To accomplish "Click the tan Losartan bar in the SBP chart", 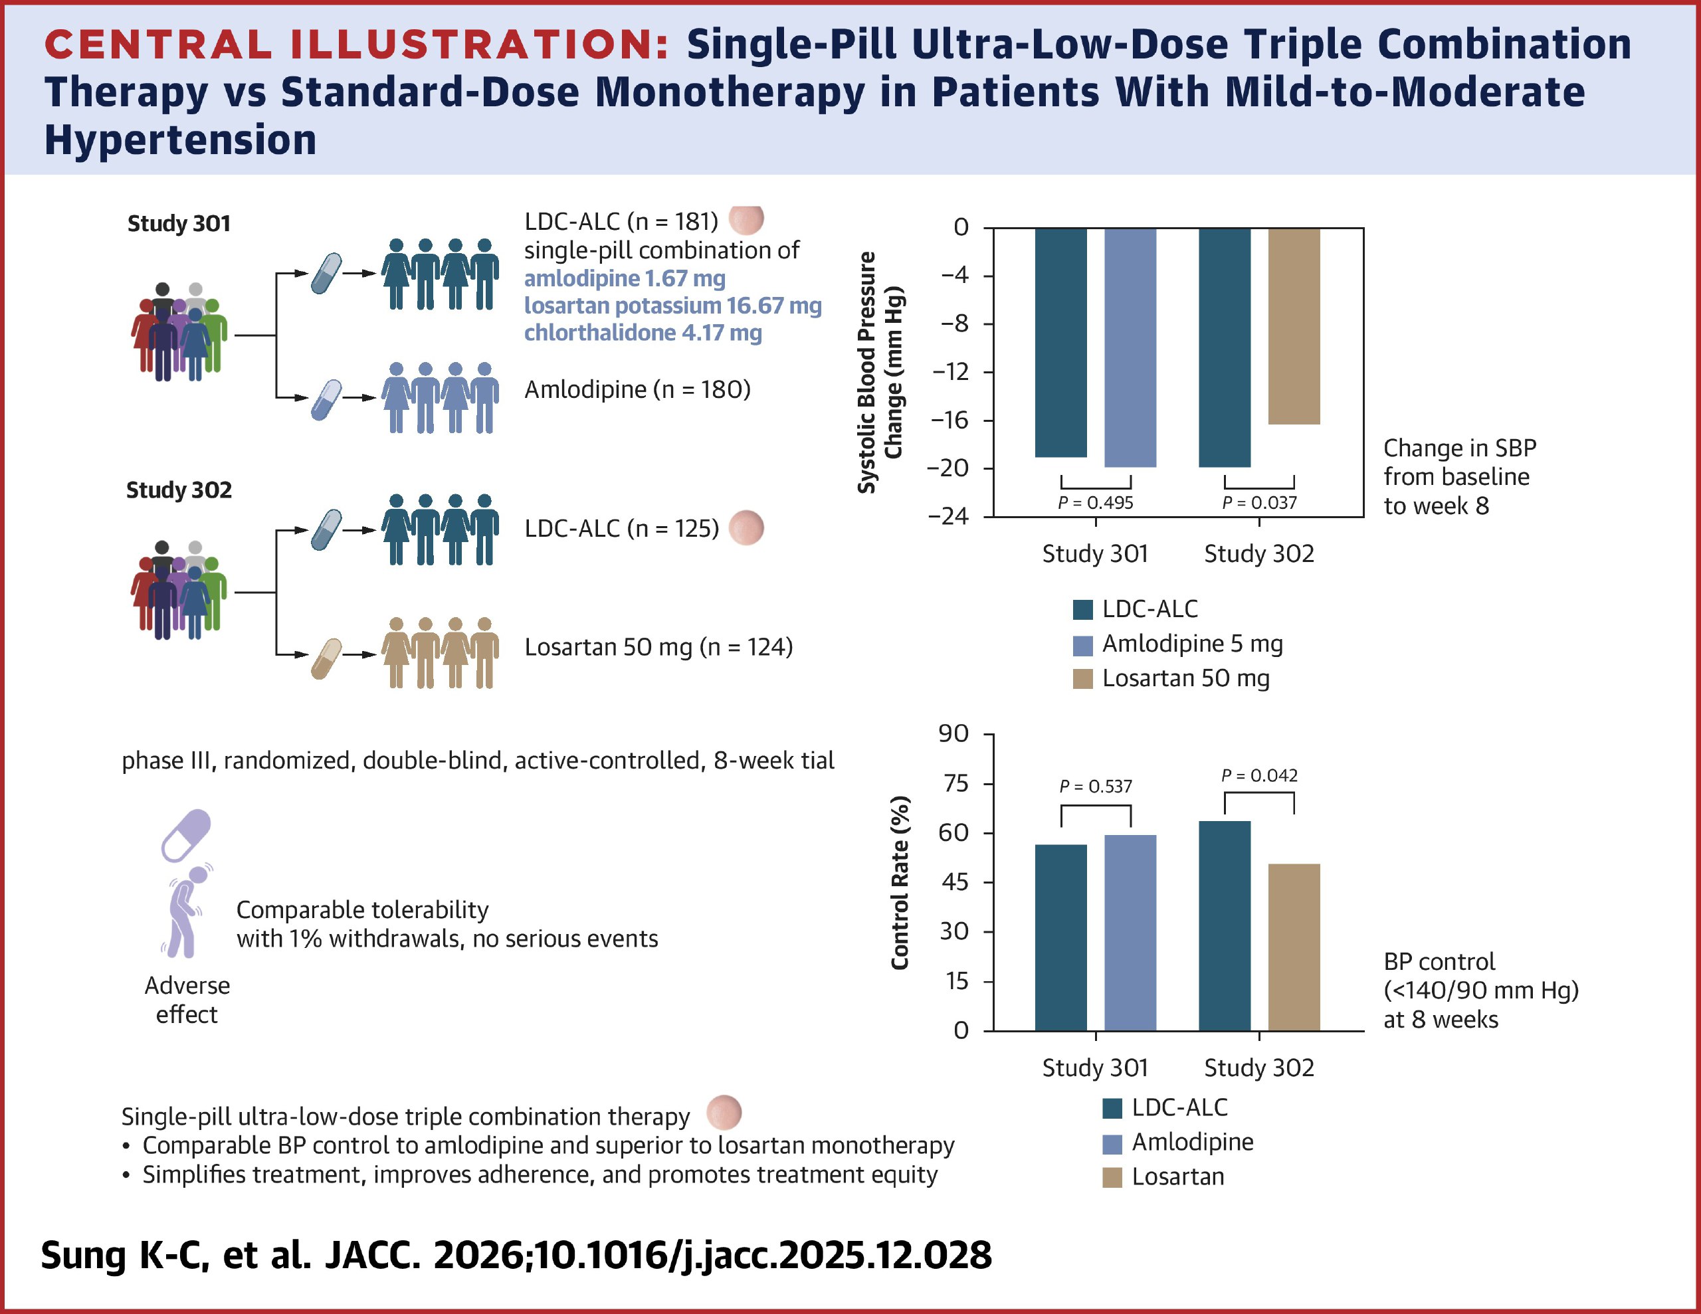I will click(1294, 326).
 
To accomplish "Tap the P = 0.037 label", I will click(1259, 503).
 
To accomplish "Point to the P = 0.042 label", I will click(1259, 776).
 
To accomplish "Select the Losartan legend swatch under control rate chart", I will click(1112, 1177).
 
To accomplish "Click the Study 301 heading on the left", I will click(179, 224).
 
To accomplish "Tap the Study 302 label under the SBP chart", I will click(1258, 554).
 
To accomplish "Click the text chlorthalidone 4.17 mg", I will click(643, 333).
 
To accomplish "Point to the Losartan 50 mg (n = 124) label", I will click(658, 647).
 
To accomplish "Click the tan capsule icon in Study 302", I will click(326, 659).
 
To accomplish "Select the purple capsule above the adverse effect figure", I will click(186, 835).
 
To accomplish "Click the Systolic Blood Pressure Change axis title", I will click(880, 372).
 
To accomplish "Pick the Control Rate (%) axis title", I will click(900, 882).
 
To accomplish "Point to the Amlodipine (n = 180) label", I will click(637, 389).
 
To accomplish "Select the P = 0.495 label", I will click(1095, 503).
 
